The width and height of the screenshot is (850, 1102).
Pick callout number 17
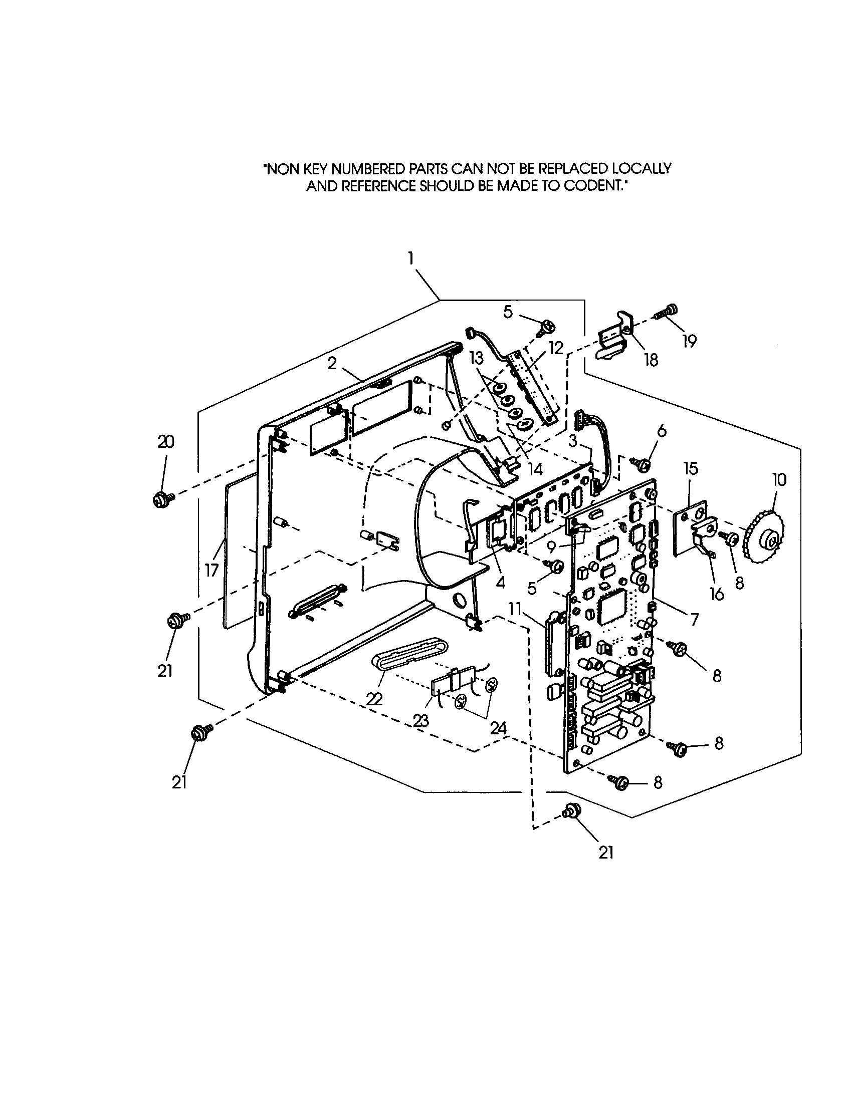[x=212, y=570]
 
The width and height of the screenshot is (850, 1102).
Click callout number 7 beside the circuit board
[x=695, y=618]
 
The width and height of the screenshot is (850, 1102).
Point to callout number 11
[x=514, y=610]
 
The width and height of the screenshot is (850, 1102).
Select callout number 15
[x=691, y=468]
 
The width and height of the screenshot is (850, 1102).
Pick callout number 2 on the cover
[x=331, y=363]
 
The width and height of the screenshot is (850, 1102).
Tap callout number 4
[x=500, y=582]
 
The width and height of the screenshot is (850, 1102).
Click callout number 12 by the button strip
[x=556, y=348]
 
